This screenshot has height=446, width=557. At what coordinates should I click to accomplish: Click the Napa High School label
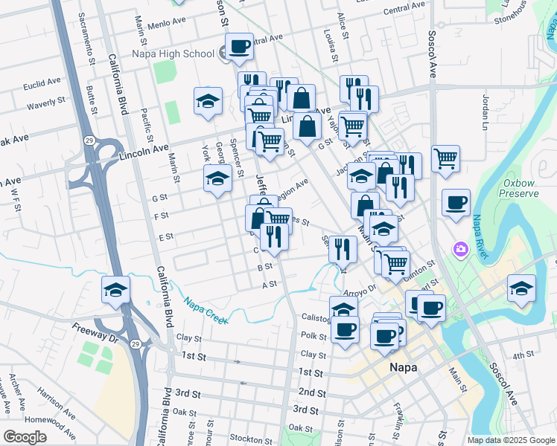click(x=174, y=54)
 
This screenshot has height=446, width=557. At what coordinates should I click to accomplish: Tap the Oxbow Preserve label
click(x=520, y=187)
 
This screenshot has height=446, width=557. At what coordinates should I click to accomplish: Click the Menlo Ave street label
click(x=168, y=23)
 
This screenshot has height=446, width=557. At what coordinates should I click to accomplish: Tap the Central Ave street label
click(x=404, y=10)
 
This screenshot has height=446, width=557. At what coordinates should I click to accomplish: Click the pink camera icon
click(x=461, y=248)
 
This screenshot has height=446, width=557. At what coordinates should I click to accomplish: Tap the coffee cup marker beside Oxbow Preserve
click(x=456, y=202)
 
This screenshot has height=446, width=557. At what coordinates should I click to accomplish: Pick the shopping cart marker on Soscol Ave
click(x=445, y=158)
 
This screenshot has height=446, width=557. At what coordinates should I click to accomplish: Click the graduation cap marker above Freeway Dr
click(x=115, y=291)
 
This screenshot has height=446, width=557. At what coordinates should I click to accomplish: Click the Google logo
click(x=25, y=437)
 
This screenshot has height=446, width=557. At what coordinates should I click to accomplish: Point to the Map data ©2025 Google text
click(x=510, y=440)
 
